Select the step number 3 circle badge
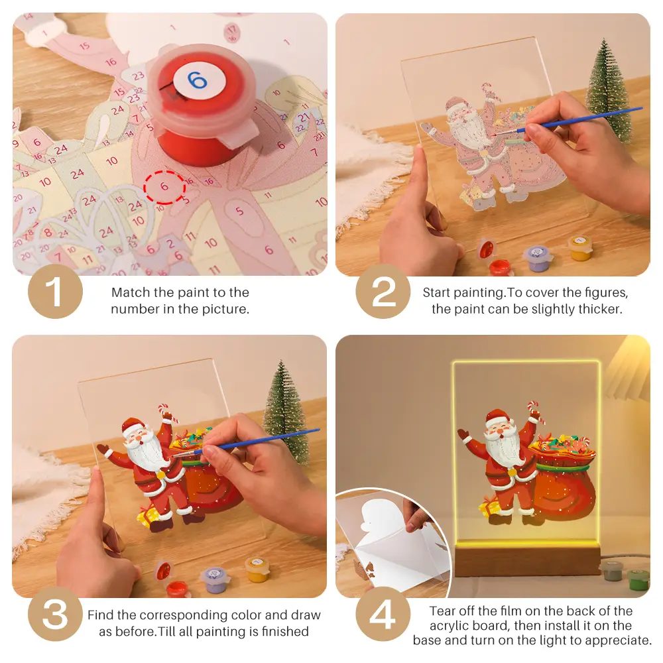[55, 615]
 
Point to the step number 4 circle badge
[383, 615]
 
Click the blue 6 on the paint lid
[197, 80]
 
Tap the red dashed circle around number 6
[164, 187]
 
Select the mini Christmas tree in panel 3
[286, 411]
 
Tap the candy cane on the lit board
[533, 411]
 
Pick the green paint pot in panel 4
[638, 579]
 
